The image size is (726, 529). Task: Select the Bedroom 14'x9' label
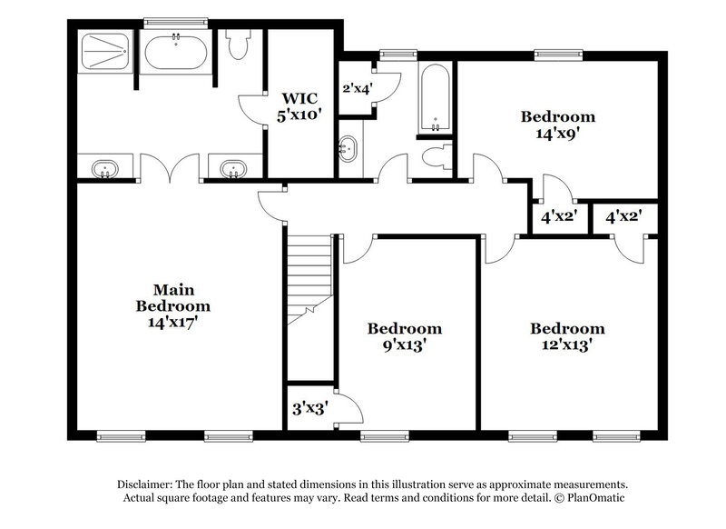(557, 124)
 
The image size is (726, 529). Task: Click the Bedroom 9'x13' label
(404, 336)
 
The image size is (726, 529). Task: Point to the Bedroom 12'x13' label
(567, 336)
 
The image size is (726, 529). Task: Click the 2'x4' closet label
(357, 89)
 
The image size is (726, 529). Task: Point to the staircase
(308, 273)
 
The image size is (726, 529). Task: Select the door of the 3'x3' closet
(348, 406)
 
